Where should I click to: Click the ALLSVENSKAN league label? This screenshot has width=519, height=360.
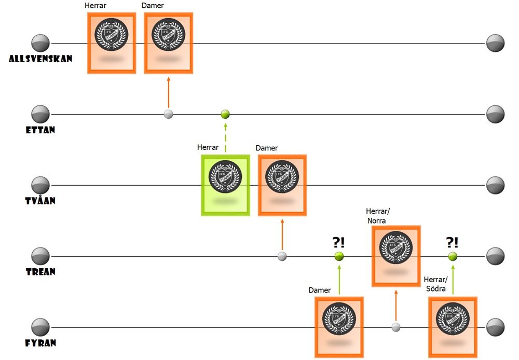(40, 59)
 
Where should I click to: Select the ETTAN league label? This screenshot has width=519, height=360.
(40, 130)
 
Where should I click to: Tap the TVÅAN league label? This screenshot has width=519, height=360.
(40, 200)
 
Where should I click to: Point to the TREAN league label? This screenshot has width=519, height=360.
(40, 271)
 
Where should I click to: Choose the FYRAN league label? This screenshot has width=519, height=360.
(40, 342)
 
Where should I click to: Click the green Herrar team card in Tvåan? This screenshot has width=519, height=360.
(225, 185)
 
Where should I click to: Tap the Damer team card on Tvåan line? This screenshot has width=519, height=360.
(282, 185)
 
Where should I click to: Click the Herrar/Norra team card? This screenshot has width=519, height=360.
(396, 256)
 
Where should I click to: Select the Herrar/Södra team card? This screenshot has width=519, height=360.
(453, 327)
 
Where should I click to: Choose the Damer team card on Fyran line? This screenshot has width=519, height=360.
(339, 327)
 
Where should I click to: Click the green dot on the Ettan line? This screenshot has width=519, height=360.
(225, 114)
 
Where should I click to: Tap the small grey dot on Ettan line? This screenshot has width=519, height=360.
(168, 114)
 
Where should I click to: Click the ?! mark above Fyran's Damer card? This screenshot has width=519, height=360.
(339, 242)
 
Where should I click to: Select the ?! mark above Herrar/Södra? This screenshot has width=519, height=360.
(453, 242)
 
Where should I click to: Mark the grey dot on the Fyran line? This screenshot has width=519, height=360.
(396, 327)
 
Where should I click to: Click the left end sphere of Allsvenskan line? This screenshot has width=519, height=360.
(40, 43)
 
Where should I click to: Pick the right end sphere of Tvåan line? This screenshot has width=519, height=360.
(496, 185)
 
